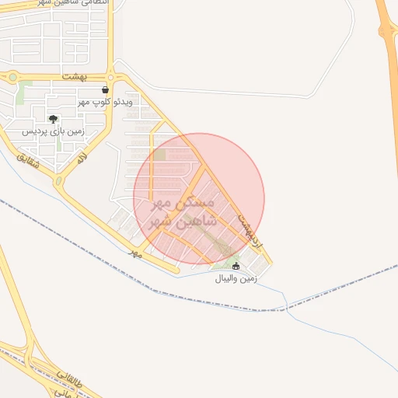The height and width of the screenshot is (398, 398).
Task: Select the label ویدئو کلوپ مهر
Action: pos(105,102)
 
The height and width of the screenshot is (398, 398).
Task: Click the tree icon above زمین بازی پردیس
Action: pos(52,119)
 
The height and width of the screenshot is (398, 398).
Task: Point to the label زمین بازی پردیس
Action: pos(52,131)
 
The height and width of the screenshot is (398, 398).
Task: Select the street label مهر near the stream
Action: pos(135,253)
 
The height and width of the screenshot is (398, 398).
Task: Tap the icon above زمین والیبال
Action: pos(236,266)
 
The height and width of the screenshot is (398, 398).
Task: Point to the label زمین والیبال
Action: pos(236,278)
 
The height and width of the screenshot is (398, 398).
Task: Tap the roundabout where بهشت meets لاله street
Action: pos(111,76)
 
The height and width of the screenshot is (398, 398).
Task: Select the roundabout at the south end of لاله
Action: pos(59,182)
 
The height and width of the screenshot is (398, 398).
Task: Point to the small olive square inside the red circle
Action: pos(159,155)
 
